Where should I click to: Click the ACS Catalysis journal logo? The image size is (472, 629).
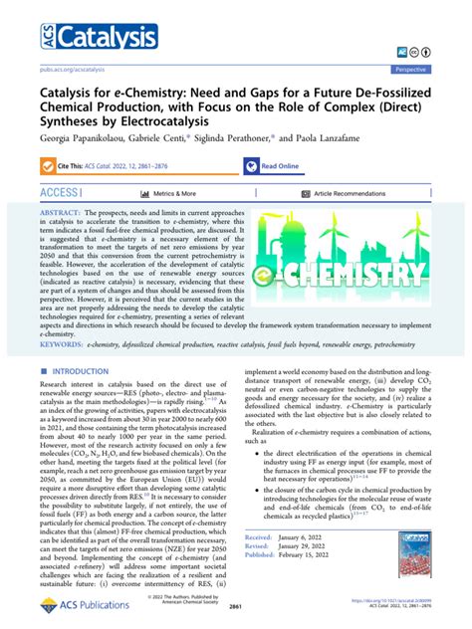point(74,38)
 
